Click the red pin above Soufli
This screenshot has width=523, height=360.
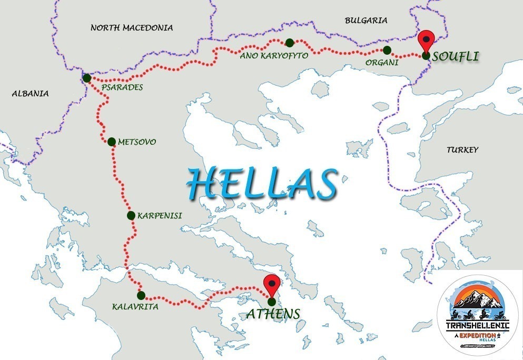[x=426, y=40]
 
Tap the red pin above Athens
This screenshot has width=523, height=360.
[x=272, y=285]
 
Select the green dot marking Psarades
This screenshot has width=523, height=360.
[x=87, y=78]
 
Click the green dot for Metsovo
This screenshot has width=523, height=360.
[x=112, y=142]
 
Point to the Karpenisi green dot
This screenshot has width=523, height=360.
[x=131, y=215]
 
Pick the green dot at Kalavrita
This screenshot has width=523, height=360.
[x=141, y=295]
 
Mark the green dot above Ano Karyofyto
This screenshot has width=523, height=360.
[x=289, y=42]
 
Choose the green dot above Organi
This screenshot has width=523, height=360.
[x=387, y=50]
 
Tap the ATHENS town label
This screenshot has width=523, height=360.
[x=273, y=314]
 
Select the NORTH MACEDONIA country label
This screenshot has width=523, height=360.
[x=132, y=27]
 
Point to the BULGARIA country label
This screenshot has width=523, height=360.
[x=366, y=21]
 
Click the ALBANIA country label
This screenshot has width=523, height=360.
[x=30, y=94]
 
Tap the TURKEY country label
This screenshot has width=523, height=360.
[x=462, y=150]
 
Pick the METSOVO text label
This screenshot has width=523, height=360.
[x=137, y=142]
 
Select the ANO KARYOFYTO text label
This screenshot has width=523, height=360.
[x=273, y=55]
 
